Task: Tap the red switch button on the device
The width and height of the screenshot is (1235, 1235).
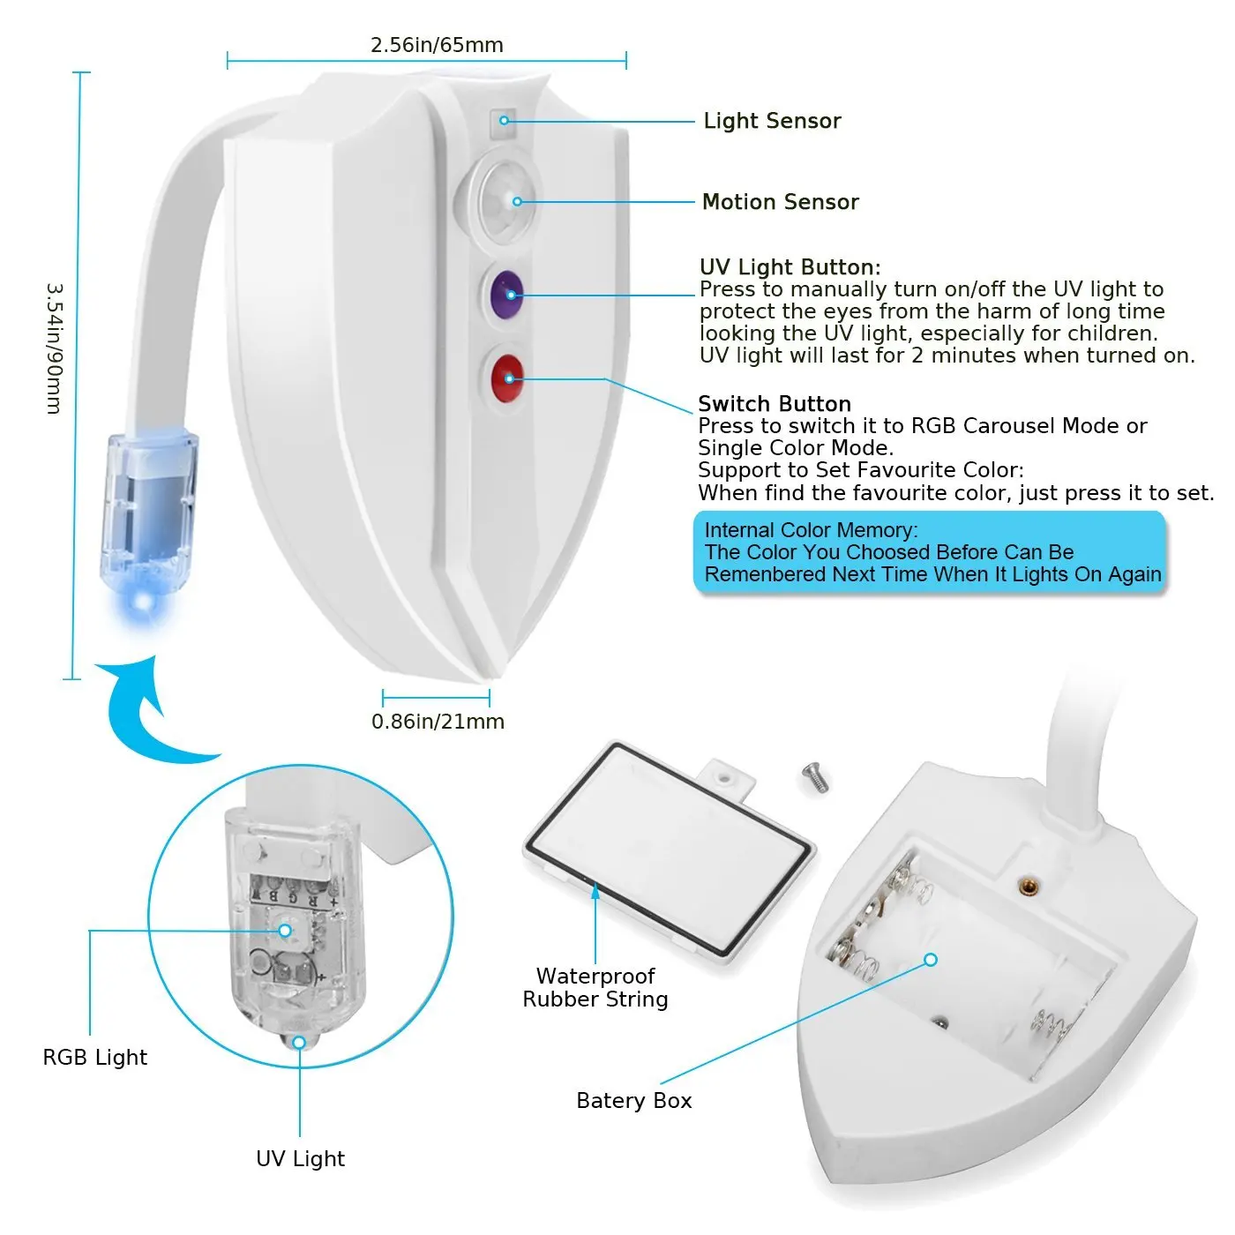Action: pos(506,378)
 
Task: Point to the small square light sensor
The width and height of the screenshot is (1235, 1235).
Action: pos(505,120)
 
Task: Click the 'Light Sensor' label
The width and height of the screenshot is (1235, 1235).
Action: pos(772,121)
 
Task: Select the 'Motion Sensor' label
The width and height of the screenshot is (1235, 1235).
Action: pos(780,202)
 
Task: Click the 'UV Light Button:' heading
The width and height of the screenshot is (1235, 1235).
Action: pos(790,267)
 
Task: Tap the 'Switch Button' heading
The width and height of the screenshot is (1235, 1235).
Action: pos(774,404)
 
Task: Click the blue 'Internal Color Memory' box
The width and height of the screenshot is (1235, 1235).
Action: pos(931,552)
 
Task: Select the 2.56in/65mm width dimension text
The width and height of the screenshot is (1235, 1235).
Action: pos(437,45)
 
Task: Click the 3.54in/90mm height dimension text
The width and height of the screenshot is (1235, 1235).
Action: pos(54,348)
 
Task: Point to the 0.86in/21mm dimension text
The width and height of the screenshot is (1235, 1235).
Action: pos(438,722)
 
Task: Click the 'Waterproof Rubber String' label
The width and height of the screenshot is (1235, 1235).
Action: pos(595,987)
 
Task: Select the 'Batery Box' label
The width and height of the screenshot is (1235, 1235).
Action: pos(633,1100)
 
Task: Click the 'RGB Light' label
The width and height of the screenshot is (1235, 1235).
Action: pos(95,1057)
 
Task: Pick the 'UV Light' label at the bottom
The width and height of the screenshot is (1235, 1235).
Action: pos(300,1158)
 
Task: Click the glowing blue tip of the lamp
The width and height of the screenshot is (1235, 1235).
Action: pos(141,603)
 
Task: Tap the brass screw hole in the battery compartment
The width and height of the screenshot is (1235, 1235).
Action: pos(1026,886)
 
